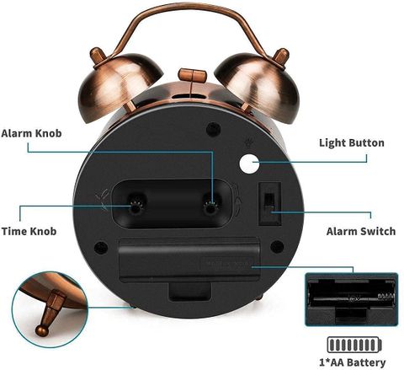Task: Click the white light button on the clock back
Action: click(x=249, y=164)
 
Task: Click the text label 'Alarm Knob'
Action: click(x=31, y=133)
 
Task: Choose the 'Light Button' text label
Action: click(x=352, y=142)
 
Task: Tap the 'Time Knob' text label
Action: click(x=29, y=231)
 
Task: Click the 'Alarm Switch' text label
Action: click(x=361, y=231)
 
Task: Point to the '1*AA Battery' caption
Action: click(x=353, y=362)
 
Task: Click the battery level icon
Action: click(x=354, y=345)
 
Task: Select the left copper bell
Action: click(x=119, y=84)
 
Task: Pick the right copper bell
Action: click(x=257, y=84)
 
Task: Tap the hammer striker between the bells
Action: click(x=193, y=75)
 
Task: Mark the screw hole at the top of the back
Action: click(x=213, y=129)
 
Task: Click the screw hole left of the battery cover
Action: click(x=101, y=248)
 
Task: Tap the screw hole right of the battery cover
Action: click(x=277, y=247)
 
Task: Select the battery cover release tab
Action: click(x=190, y=292)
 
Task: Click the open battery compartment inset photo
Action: click(x=352, y=299)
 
